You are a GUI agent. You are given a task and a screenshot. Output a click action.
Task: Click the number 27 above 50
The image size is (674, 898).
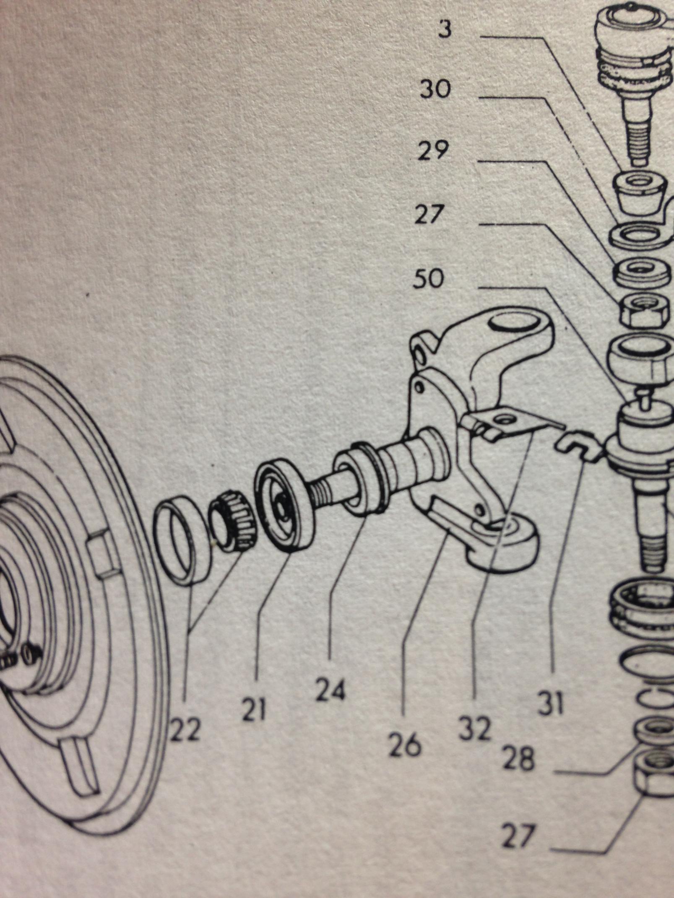coord(428,215)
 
